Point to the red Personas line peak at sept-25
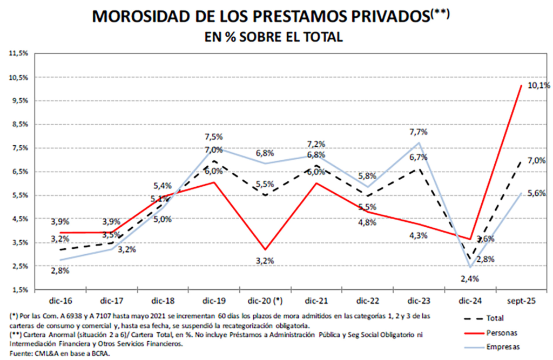tap(521, 85)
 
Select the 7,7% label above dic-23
tap(419, 131)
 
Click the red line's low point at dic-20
tap(264, 249)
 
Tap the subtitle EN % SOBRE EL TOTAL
tap(273, 37)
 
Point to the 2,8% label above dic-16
tap(60, 271)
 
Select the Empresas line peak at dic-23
tap(419, 143)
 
